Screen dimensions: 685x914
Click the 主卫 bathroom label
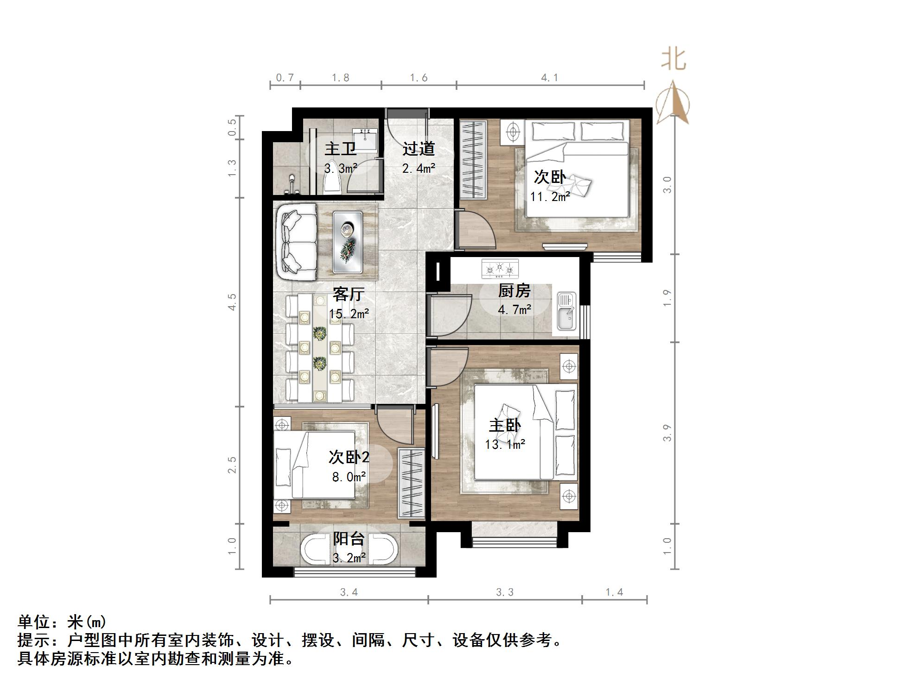click(340, 149)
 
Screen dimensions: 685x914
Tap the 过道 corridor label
click(418, 149)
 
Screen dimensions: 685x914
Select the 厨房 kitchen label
click(514, 291)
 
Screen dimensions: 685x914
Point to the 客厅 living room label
click(349, 294)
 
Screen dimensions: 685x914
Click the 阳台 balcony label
click(349, 539)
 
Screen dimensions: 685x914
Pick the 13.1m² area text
click(505, 445)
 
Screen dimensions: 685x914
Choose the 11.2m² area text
click(550, 197)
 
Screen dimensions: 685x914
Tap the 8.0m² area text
click(349, 477)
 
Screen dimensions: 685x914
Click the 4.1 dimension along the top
click(550, 78)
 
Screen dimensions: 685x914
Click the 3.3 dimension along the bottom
click(505, 592)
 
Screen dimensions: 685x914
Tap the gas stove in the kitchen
click(500, 269)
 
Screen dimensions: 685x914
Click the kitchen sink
click(566, 311)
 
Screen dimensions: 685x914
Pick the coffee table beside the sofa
click(347, 241)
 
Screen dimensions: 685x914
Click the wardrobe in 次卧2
click(411, 482)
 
